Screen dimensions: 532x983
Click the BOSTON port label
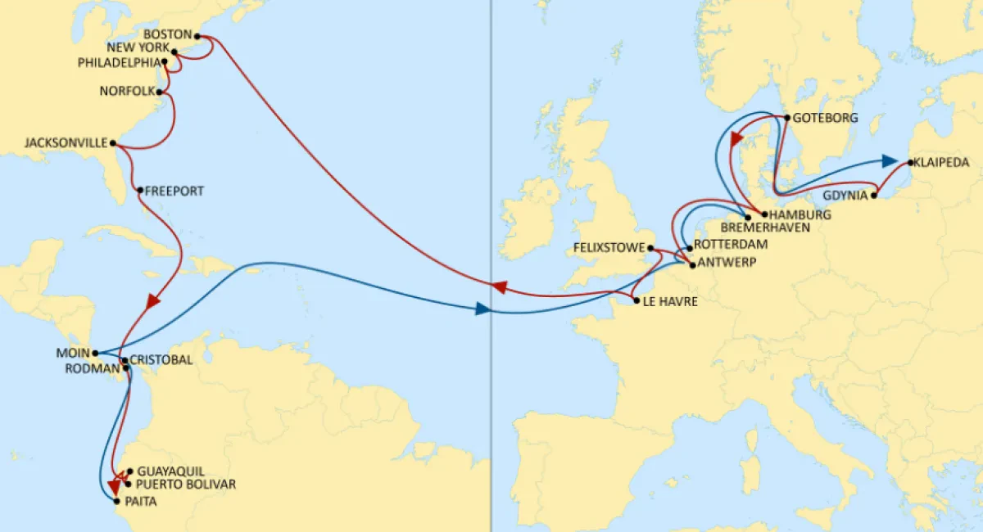click(x=166, y=35)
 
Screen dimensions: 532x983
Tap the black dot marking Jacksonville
click(x=112, y=143)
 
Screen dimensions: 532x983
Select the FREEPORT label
click(x=174, y=191)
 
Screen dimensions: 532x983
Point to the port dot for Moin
click(x=95, y=353)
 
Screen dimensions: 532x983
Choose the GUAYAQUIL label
click(x=171, y=471)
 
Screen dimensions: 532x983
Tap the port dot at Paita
click(x=116, y=500)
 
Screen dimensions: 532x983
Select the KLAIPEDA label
click(x=941, y=163)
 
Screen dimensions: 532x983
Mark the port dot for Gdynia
click(x=876, y=196)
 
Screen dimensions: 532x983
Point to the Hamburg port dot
click(x=764, y=214)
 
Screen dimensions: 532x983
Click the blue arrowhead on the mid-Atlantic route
click(x=482, y=309)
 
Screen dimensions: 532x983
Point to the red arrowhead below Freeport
click(x=152, y=301)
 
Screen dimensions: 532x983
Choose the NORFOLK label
click(x=126, y=91)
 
